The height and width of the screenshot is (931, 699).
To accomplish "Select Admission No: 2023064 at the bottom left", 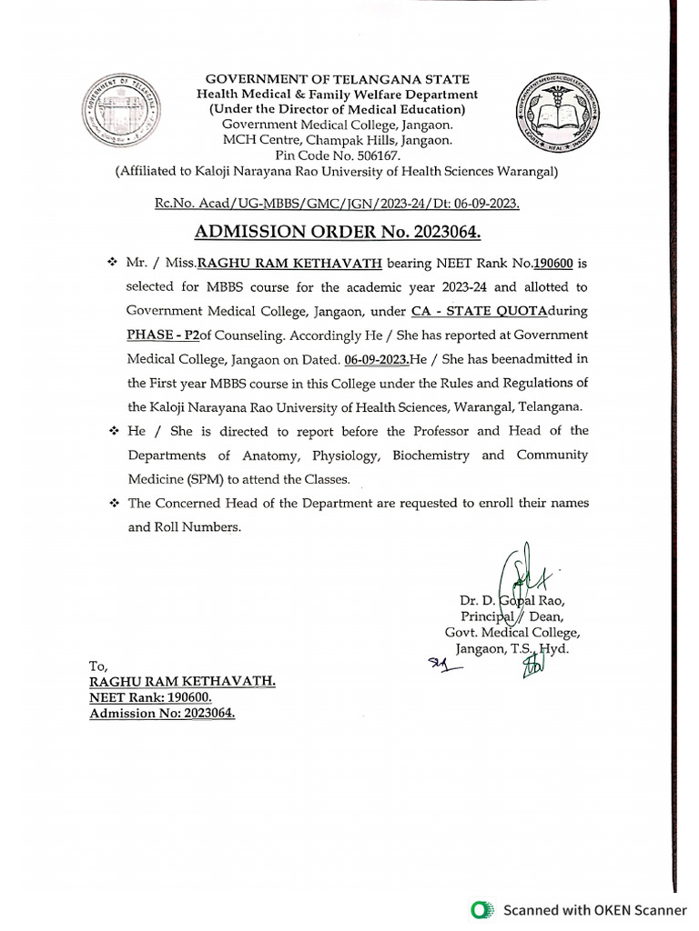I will (161, 714).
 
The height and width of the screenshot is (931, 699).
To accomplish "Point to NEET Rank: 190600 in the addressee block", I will (150, 697).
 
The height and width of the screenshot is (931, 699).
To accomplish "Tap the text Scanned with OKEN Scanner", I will (595, 909).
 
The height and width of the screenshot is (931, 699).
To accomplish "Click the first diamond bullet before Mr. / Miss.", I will (112, 262).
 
